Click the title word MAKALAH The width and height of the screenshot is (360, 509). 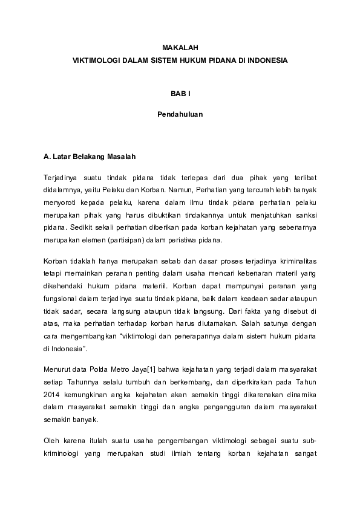(x=180, y=47)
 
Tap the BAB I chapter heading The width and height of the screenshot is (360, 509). (x=180, y=94)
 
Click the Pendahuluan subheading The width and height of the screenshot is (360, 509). (x=180, y=113)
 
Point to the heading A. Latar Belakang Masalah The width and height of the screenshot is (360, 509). (x=90, y=156)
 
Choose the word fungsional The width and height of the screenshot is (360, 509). (x=62, y=299)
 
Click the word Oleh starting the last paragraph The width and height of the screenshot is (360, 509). (x=52, y=441)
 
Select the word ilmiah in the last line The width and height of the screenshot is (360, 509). (x=180, y=454)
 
